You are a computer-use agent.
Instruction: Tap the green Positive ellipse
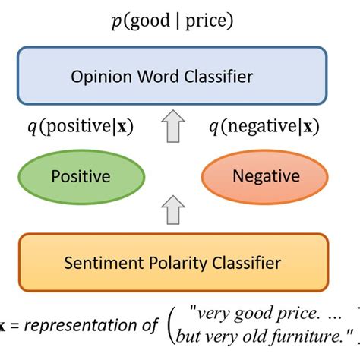80,176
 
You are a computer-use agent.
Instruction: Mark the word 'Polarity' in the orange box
172,264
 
